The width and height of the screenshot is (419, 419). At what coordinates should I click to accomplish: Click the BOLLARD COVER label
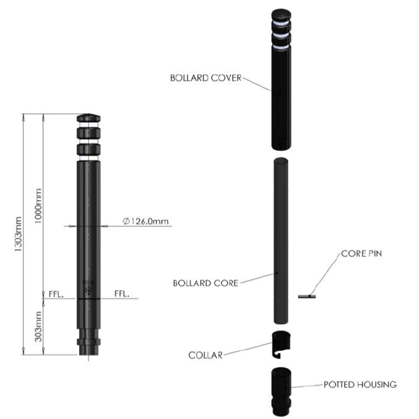205,78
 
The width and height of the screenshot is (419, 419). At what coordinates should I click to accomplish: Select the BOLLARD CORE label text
205,283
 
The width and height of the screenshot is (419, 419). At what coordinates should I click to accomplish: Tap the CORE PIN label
361,254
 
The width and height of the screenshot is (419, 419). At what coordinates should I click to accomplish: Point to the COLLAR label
205,355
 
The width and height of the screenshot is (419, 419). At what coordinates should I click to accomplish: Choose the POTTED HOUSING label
360,384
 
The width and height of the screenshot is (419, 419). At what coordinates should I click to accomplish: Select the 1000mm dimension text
38,206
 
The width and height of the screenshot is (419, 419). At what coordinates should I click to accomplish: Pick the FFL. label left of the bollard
56,294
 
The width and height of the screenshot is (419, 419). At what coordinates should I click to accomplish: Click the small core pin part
307,297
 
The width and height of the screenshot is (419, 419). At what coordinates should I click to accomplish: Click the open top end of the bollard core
280,160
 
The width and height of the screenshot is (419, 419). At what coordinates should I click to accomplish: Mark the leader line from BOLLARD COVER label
257,83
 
